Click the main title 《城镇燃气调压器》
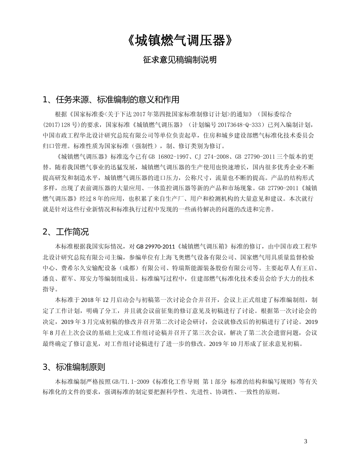[180, 41]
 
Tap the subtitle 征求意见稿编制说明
[180, 59]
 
